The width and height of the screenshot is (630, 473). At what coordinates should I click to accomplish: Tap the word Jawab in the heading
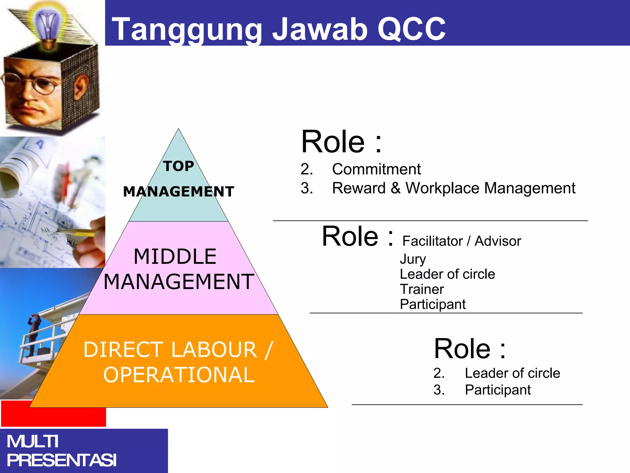point(320,29)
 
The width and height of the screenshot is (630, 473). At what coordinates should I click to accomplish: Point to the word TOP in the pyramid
point(178,166)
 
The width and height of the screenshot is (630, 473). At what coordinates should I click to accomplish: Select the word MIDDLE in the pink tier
point(175,257)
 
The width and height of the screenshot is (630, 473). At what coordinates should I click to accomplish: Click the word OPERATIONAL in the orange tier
point(179,375)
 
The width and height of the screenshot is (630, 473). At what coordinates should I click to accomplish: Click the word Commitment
point(376,169)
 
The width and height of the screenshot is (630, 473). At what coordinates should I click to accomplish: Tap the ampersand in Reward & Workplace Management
point(396,188)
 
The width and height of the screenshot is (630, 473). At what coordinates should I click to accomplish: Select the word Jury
point(413,259)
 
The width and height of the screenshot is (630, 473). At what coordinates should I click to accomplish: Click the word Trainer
point(422,289)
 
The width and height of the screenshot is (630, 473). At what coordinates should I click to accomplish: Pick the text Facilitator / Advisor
point(461,241)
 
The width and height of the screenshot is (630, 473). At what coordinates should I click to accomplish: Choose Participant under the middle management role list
point(433,304)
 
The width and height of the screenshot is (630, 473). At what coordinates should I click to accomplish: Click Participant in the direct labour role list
point(497,390)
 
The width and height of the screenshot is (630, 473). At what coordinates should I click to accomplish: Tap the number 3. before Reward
point(307,188)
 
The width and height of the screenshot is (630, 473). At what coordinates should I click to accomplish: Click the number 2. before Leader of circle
point(439,373)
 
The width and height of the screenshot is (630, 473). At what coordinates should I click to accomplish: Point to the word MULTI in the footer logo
point(32,442)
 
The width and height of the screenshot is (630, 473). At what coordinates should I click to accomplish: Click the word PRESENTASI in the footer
point(62,460)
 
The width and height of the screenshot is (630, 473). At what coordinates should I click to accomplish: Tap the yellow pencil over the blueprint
point(77,232)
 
